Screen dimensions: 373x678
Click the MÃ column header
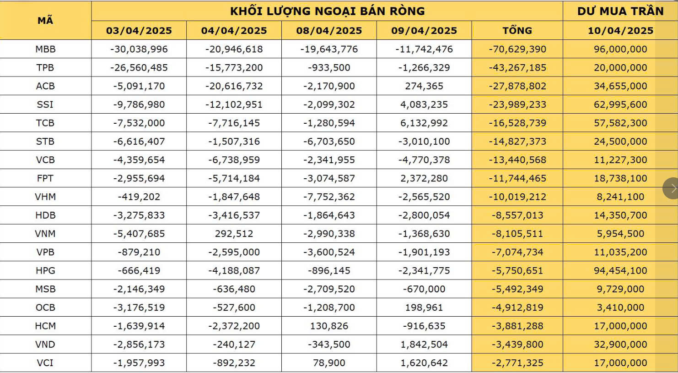point(45,20)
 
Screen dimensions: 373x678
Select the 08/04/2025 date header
point(329,31)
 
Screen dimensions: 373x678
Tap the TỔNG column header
point(517,31)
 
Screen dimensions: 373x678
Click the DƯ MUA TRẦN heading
point(620,11)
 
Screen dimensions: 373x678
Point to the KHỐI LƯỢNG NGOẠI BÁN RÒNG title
point(327,11)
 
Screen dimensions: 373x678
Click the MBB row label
point(45,49)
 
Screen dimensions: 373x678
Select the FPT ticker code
point(45,178)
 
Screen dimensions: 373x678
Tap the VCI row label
point(45,363)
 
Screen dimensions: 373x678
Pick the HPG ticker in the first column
point(45,271)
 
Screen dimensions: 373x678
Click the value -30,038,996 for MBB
point(139,49)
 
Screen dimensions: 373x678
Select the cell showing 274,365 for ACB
point(424,86)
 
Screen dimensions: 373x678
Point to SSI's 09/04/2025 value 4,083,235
point(424,104)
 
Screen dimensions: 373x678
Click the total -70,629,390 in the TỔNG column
point(517,49)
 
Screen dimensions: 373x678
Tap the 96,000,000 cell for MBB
point(620,49)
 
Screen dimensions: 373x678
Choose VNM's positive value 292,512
point(234,234)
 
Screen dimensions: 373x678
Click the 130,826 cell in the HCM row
point(329,326)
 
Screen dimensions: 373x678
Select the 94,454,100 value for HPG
point(620,271)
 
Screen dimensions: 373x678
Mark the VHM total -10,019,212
point(517,197)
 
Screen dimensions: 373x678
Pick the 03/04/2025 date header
point(139,31)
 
